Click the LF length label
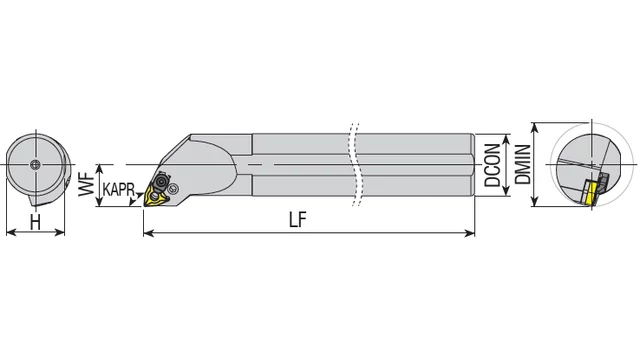pyautogui.click(x=298, y=220)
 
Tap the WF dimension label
pyautogui.click(x=87, y=184)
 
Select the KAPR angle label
pyautogui.click(x=118, y=189)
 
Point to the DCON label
pyautogui.click(x=492, y=165)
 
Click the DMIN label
pyautogui.click(x=523, y=164)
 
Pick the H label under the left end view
pyautogui.click(x=36, y=222)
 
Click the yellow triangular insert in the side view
pyautogui.click(x=156, y=197)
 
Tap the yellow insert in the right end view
pyautogui.click(x=591, y=194)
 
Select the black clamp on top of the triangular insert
pyautogui.click(x=160, y=180)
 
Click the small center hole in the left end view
pyautogui.click(x=36, y=164)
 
